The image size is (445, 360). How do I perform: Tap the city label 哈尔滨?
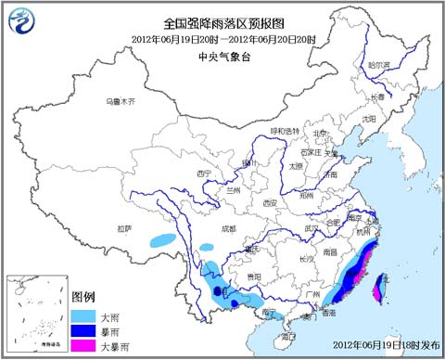pyautogui.click(x=380, y=65)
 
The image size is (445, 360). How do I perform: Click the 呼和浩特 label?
pyautogui.click(x=286, y=131)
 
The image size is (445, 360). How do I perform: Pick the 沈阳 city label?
pyautogui.click(x=370, y=119)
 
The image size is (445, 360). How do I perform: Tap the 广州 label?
pyautogui.click(x=312, y=294)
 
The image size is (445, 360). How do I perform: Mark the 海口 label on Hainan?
pyautogui.click(x=289, y=335)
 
